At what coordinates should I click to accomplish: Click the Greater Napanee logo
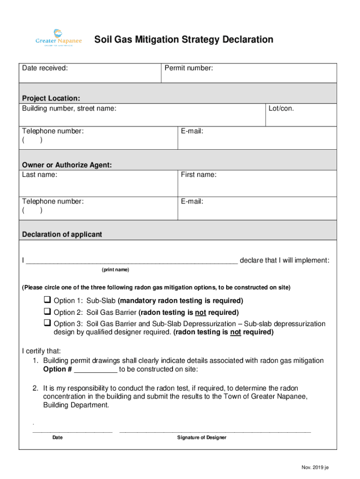(x=58, y=38)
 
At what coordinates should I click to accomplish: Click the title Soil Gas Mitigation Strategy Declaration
(x=184, y=40)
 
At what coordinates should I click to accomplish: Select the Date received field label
(x=45, y=68)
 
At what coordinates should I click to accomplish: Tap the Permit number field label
(x=189, y=68)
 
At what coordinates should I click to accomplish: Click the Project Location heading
(x=51, y=98)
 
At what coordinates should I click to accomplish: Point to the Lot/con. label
(x=281, y=109)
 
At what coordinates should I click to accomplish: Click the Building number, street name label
(x=69, y=109)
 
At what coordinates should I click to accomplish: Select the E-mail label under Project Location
(x=192, y=131)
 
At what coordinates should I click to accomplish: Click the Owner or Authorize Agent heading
(x=67, y=165)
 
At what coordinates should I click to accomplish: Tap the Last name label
(x=40, y=174)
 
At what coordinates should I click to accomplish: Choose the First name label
(x=199, y=174)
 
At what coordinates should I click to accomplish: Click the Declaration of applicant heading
(x=62, y=234)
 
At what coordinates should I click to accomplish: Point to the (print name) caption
(x=115, y=270)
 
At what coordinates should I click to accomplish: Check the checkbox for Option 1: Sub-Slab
(x=47, y=300)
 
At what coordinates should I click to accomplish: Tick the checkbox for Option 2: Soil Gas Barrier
(x=47, y=312)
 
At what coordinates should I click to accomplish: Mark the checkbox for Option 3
(x=47, y=323)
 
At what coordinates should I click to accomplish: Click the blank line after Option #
(x=96, y=370)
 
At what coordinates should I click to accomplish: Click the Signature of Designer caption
(x=202, y=437)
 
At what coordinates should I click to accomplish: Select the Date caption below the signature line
(x=58, y=437)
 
